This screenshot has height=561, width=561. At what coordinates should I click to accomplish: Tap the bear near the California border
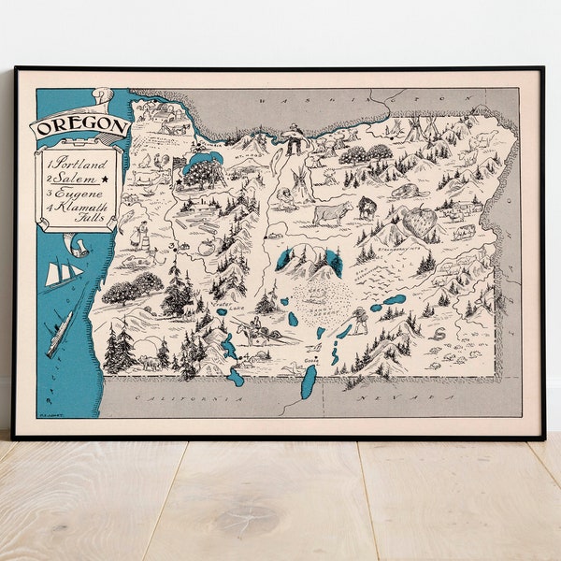[x=147, y=362]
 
